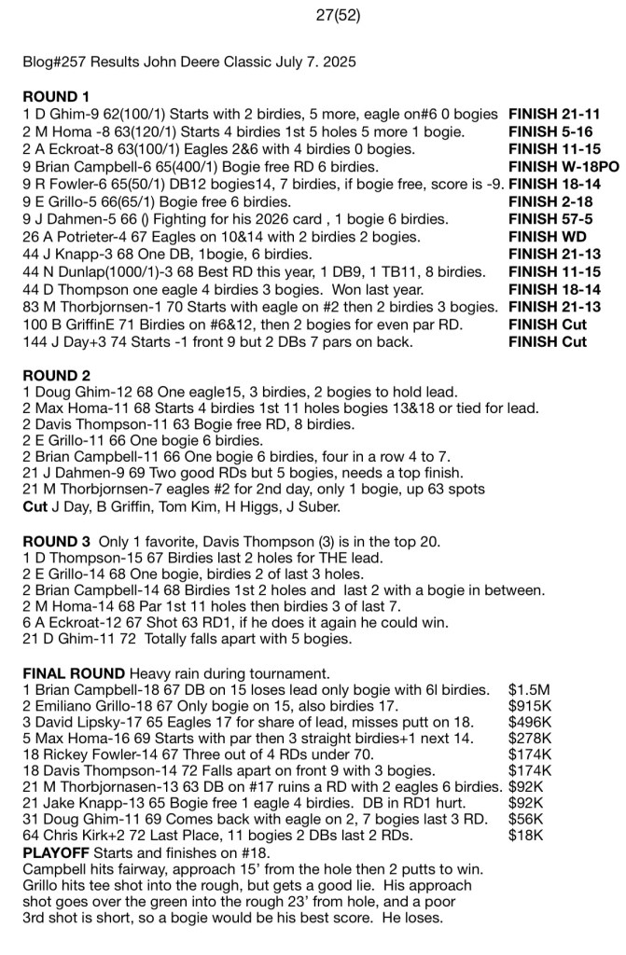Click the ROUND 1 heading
point(56,97)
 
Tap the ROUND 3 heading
point(56,542)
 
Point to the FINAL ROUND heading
point(74,673)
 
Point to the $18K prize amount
point(526,836)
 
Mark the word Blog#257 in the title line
point(56,62)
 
